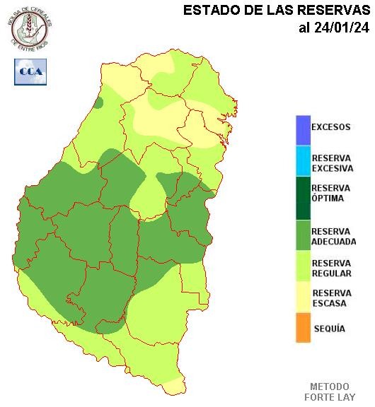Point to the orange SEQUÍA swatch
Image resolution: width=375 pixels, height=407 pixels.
[x=303, y=329]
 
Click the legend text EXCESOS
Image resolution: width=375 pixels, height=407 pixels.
[x=330, y=128]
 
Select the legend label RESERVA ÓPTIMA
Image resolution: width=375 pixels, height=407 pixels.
[x=330, y=193]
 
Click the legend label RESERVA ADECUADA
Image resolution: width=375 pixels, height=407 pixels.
[x=333, y=236]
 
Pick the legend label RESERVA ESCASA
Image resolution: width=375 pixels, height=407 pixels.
[x=330, y=298]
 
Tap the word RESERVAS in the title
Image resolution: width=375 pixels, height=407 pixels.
[x=332, y=10]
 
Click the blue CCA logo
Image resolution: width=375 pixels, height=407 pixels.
[x=30, y=71]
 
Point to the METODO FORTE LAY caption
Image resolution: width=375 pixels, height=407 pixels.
[x=329, y=391]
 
